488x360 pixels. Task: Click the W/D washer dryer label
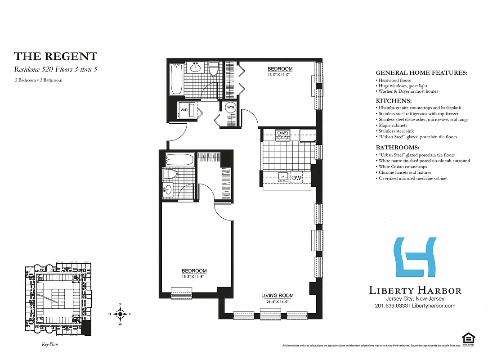(184, 110)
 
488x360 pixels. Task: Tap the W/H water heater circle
(230, 108)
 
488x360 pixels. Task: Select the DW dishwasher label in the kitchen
(296, 178)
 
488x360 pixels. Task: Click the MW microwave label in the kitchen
(282, 133)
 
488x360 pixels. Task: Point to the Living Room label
(278, 296)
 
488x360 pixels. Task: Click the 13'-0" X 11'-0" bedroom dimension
(280, 74)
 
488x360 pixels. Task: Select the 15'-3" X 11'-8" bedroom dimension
(194, 276)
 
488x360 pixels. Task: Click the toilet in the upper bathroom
(214, 69)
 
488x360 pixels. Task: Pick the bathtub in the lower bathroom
(179, 159)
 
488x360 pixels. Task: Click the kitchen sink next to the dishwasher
(283, 177)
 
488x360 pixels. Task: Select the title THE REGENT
(55, 56)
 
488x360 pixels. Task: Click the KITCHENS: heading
(394, 101)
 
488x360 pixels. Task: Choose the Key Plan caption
(47, 344)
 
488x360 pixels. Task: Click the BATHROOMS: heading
(398, 148)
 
